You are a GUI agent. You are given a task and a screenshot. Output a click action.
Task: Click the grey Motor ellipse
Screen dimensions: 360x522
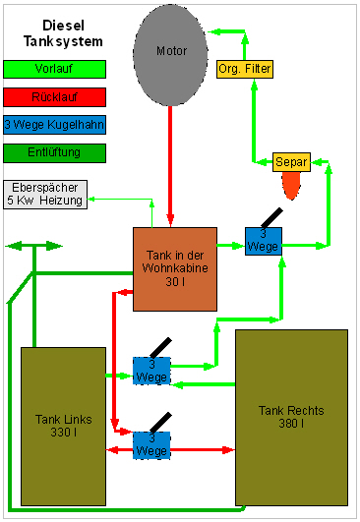pos(170,55)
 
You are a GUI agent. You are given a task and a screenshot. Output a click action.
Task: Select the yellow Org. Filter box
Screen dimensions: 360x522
pos(245,69)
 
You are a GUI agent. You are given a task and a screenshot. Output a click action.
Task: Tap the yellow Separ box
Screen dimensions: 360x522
pos(291,162)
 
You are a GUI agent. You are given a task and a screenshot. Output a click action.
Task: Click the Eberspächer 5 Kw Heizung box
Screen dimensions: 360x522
pos(45,195)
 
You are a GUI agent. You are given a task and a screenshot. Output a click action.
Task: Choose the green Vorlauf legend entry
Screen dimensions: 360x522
pos(55,69)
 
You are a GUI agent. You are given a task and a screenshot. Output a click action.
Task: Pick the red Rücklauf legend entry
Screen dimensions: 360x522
pos(55,97)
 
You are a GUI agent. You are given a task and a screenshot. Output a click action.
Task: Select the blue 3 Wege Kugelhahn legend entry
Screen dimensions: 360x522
pos(55,125)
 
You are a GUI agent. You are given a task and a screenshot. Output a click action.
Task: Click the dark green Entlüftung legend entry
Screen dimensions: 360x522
pos(55,153)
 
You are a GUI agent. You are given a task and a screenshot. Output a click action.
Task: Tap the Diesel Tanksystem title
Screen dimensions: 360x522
pos(63,33)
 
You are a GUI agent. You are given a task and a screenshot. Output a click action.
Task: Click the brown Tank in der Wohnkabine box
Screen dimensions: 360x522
pos(175,269)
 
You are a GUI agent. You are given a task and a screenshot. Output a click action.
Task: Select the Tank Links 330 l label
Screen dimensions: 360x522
pos(63,426)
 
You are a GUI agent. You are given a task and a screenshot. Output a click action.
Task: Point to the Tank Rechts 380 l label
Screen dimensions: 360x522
pos(291,417)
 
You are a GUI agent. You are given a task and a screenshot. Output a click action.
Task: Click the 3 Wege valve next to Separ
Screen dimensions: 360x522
pos(264,242)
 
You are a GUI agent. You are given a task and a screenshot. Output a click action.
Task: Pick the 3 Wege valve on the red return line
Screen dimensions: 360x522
pos(151,445)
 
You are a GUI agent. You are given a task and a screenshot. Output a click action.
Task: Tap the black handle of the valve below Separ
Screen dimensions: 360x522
pos(272,218)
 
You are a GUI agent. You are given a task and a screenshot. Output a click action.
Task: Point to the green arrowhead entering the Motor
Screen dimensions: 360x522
pos(214,31)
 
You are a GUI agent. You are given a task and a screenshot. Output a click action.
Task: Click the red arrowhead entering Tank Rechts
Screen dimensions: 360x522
pos(228,450)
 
